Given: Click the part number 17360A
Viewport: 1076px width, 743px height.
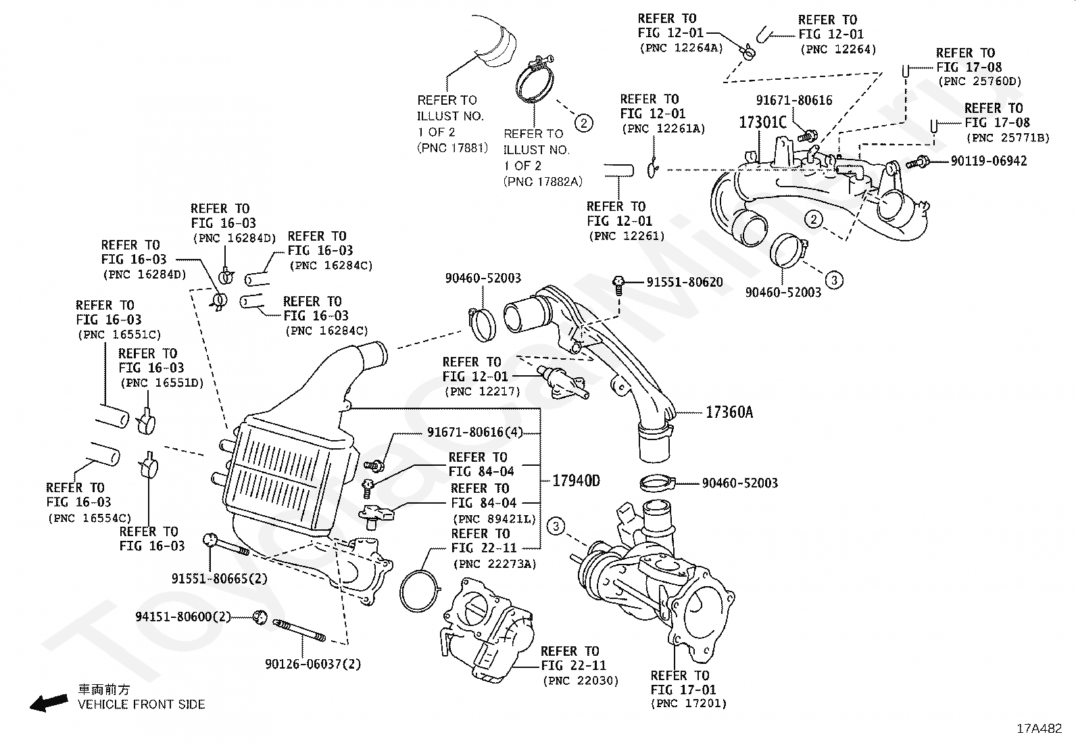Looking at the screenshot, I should click(729, 412).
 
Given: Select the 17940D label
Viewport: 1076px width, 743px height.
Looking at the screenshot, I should click(576, 481).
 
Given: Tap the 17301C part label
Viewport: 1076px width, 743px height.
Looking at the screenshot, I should click(762, 122).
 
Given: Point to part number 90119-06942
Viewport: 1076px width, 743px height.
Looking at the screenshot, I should click(988, 161).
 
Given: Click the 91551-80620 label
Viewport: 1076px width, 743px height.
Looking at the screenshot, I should click(684, 282).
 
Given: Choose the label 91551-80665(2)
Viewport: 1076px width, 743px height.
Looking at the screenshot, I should click(219, 579).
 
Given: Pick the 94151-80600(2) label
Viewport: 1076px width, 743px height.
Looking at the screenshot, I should click(183, 617).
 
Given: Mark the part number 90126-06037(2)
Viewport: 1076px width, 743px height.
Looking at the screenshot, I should click(313, 664).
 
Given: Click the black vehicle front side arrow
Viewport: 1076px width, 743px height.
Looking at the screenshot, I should click(49, 702).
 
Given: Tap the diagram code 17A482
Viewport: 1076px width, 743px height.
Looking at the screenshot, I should click(1040, 728).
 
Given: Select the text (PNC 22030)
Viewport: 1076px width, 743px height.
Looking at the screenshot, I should click(580, 681).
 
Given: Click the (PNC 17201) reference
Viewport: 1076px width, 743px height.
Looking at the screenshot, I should click(689, 704).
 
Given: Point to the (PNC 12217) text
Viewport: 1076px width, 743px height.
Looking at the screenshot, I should click(482, 391).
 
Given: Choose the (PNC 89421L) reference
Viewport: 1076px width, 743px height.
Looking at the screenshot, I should click(493, 519).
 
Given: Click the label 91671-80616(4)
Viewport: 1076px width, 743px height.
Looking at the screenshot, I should click(474, 432).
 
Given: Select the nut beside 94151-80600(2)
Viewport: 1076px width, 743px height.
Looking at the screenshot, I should click(260, 616).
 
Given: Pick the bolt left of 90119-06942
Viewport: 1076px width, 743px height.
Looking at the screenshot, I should click(920, 162).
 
